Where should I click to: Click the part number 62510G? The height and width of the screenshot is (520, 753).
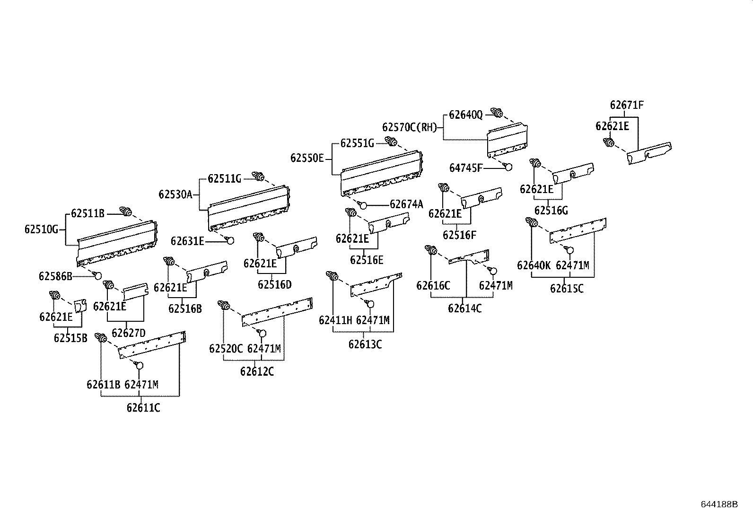click(41, 229)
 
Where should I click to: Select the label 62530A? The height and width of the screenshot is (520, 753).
click(175, 194)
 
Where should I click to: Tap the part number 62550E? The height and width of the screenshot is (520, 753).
click(307, 158)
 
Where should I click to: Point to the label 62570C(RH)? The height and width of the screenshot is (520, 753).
click(410, 127)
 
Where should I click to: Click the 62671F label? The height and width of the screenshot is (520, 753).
click(627, 105)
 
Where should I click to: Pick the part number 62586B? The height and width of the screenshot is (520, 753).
click(55, 276)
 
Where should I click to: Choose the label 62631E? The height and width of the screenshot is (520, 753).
click(187, 241)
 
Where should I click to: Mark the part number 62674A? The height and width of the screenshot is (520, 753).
click(406, 204)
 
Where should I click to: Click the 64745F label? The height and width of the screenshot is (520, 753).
click(466, 167)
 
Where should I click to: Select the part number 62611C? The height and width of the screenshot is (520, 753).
click(143, 407)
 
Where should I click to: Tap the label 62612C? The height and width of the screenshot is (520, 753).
click(257, 371)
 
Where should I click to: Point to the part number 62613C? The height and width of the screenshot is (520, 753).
click(365, 344)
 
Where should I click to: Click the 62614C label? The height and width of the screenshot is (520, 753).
click(465, 308)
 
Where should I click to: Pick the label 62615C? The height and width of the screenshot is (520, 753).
click(567, 288)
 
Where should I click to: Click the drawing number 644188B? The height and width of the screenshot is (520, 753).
click(719, 504)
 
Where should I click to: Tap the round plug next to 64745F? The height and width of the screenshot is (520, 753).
click(508, 167)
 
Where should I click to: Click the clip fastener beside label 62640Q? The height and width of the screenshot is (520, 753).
click(497, 113)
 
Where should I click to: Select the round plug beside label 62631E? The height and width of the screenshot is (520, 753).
click(230, 240)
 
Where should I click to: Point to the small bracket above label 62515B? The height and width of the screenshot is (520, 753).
click(80, 306)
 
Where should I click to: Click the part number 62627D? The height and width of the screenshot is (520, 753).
click(129, 333)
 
